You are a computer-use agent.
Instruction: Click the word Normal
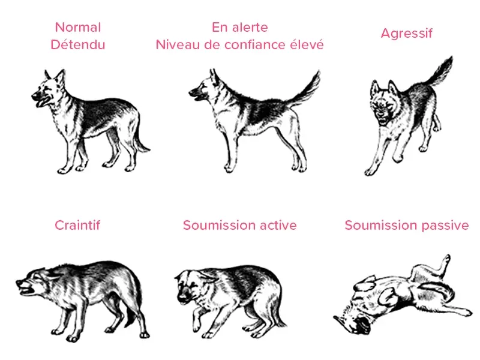(78, 27)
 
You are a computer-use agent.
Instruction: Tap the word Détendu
(78, 44)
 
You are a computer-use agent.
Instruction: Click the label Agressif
(407, 34)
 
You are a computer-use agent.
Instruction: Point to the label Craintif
(77, 226)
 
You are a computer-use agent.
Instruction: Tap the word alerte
(250, 27)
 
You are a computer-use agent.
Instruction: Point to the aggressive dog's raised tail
(439, 72)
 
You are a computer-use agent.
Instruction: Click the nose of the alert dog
(191, 92)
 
